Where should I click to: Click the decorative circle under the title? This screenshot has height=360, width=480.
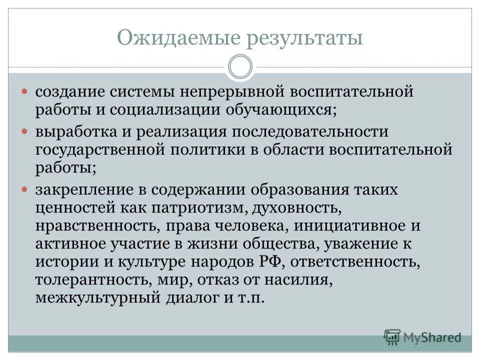pos(240,67)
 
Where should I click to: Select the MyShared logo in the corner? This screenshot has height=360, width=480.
pos(422,336)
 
